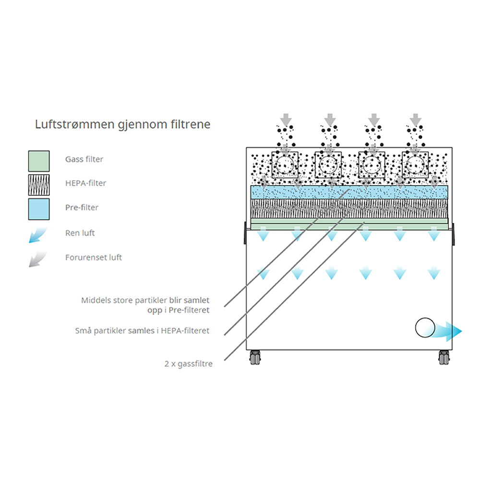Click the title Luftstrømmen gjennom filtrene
[122, 124]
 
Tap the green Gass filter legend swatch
[39, 161]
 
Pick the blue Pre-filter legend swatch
[39, 208]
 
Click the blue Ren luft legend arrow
[38, 235]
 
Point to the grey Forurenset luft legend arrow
[38, 259]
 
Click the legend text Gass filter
[84, 159]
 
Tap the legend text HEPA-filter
[85, 183]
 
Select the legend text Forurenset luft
[94, 257]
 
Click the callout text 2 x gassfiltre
[188, 364]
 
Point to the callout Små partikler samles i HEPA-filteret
[142, 331]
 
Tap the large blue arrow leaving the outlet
[449, 331]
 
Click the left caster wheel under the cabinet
[254, 357]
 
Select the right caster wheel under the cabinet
[444, 357]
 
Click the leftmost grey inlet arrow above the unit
[286, 119]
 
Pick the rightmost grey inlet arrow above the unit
[416, 119]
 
